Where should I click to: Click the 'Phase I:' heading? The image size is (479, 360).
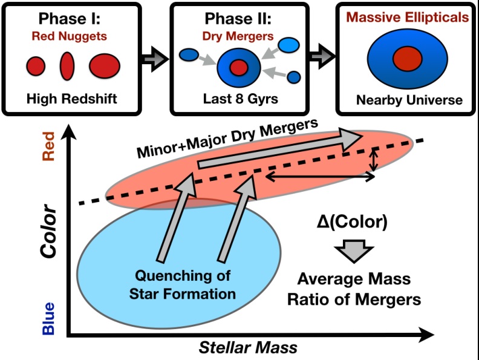coord(70,18)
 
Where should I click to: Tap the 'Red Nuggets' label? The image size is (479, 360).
coord(70,36)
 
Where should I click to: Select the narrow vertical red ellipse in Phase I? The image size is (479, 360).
coord(67,66)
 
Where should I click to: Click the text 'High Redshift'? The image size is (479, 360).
coord(72,99)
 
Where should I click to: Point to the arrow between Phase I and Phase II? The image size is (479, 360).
coord(155,59)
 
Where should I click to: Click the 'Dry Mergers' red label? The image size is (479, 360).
coord(238,36)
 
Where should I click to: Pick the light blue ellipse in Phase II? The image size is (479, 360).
coord(288,45)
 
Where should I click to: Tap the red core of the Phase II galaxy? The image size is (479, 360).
coord(239,68)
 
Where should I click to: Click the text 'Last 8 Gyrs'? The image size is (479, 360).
coord(241,99)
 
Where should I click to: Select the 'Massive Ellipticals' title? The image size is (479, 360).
coord(408,17)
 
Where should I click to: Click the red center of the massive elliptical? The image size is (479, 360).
coord(408,59)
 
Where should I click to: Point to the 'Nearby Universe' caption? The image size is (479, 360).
coord(409,100)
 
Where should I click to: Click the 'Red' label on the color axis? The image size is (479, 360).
coord(48,146)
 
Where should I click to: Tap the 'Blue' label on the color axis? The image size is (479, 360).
coord(48,318)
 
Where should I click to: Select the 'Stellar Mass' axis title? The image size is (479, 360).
coord(248,347)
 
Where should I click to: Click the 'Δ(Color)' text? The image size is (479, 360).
coord(352,221)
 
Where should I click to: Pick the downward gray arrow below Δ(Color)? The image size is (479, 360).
coord(354,251)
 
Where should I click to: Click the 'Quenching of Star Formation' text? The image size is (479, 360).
coord(183,285)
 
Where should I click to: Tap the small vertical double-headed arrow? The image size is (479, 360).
coord(373,160)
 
